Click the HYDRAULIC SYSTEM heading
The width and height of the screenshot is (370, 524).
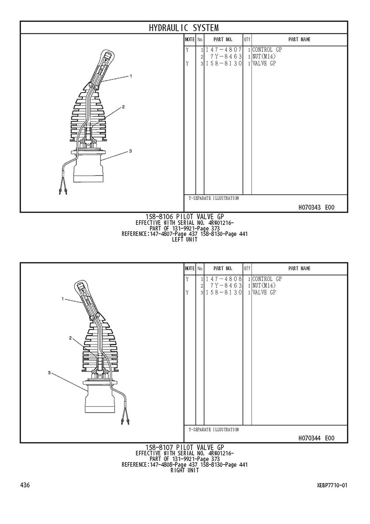184,28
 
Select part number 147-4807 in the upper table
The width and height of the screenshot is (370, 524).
223,50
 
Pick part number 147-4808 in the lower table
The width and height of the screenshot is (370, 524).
223,279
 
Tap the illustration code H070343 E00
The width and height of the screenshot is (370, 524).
316,208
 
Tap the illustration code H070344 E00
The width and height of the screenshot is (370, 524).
316,438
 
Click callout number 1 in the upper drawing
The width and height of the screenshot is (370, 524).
131,76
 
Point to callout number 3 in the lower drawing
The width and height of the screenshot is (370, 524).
49,372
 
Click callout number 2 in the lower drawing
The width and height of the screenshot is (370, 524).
70,338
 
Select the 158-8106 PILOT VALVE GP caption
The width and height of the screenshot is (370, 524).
185,217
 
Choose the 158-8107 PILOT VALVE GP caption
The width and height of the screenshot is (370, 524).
185,447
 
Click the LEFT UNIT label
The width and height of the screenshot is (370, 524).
185,239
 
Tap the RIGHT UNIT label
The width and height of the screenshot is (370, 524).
185,470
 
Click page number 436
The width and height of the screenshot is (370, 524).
25,485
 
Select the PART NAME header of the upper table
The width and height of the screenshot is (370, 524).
300,39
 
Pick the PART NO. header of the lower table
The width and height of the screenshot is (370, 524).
223,268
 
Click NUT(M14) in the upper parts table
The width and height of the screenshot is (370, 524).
264,56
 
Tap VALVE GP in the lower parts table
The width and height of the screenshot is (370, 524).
264,293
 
